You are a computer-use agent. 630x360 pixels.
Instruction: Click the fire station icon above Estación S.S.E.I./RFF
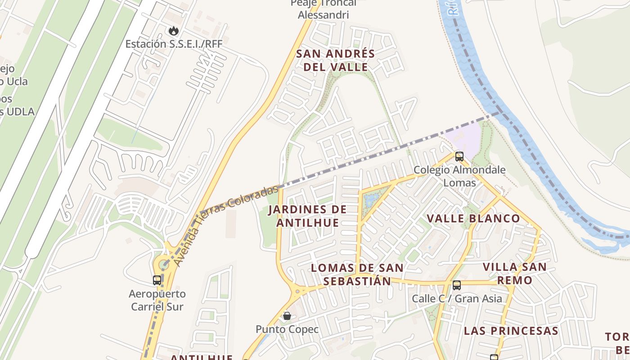pos(174,31)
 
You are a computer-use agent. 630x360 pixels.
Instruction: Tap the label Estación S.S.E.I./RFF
pos(174,44)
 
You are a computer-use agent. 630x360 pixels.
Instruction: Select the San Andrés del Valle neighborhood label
pos(335,60)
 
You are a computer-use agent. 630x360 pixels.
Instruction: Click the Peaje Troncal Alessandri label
pos(323,9)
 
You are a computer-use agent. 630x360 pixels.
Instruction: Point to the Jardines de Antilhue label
pos(308,216)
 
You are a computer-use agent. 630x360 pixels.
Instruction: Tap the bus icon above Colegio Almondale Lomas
pos(459,157)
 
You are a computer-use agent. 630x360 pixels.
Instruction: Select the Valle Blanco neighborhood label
pos(473,219)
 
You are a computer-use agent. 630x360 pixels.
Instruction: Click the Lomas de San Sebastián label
pos(357,274)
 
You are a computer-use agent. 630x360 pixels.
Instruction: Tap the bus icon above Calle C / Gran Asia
pos(457,285)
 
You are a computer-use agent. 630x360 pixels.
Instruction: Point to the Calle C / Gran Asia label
pos(457,299)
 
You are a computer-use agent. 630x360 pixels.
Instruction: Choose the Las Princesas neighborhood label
pos(511,331)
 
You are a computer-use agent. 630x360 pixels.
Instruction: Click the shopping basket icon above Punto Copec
pos(287,316)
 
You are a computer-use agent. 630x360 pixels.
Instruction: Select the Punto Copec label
pos(287,329)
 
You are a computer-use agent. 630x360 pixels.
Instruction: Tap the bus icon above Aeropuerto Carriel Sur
pos(157,280)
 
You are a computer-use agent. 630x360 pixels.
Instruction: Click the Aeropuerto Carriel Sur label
pos(157,300)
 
